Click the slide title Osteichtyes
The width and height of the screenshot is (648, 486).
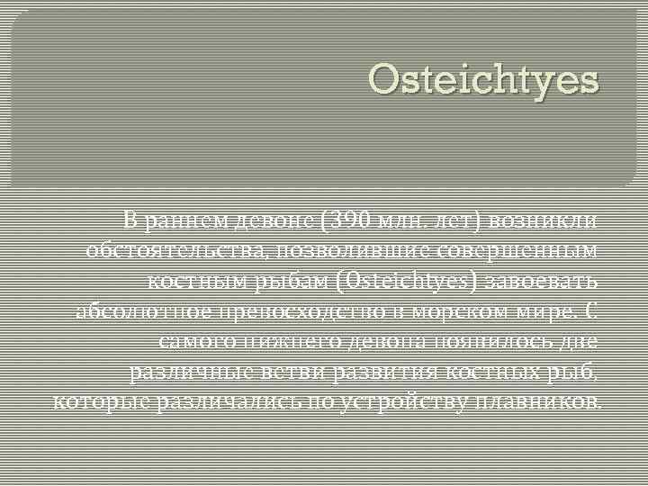pyautogui.click(x=483, y=80)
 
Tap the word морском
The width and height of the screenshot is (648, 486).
pyautogui.click(x=464, y=310)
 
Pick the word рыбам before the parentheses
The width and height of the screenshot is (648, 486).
pyautogui.click(x=287, y=280)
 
